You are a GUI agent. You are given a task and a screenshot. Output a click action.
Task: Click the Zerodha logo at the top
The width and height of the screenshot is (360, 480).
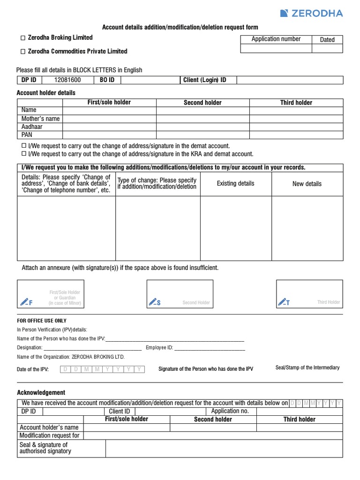click(311, 13)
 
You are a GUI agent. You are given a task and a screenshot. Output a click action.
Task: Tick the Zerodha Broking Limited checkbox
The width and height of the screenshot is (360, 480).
click(22, 38)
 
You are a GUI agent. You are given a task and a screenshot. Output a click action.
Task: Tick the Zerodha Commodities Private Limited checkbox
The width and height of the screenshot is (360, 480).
click(22, 52)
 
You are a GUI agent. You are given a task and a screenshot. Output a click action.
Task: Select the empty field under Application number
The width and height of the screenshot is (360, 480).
click(276, 48)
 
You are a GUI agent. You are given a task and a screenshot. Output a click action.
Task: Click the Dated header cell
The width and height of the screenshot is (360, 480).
click(327, 40)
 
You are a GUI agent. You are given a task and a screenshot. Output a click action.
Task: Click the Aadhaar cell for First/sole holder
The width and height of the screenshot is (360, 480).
click(109, 127)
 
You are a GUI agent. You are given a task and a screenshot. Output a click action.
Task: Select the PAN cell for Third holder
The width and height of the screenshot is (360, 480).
click(296, 135)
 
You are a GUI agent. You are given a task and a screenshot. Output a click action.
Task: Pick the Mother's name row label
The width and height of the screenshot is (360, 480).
click(40, 119)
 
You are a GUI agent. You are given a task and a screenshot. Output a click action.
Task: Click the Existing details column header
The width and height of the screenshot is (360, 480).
click(235, 183)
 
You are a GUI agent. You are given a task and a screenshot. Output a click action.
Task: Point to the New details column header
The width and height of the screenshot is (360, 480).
click(307, 184)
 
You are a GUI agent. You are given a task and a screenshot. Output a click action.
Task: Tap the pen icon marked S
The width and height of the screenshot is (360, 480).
click(155, 301)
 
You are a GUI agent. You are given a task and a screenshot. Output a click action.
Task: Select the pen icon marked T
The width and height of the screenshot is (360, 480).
click(284, 301)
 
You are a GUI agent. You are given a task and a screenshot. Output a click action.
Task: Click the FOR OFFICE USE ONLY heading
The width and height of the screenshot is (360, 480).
click(42, 321)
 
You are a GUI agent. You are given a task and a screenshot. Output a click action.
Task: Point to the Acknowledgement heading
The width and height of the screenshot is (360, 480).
click(41, 392)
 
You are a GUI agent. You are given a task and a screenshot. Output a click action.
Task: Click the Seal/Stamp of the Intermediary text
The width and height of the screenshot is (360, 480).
click(307, 368)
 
